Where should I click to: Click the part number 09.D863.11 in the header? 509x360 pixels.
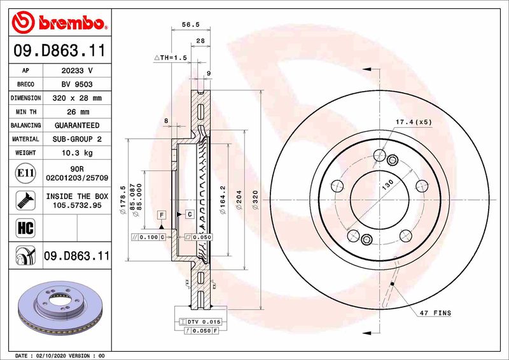tap(59, 50)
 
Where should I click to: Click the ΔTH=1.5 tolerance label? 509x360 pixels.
tap(170, 57)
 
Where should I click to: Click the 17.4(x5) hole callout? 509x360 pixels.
tap(413, 121)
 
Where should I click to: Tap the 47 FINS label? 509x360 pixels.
tap(435, 313)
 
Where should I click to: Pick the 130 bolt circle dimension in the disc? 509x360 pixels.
tap(386, 183)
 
